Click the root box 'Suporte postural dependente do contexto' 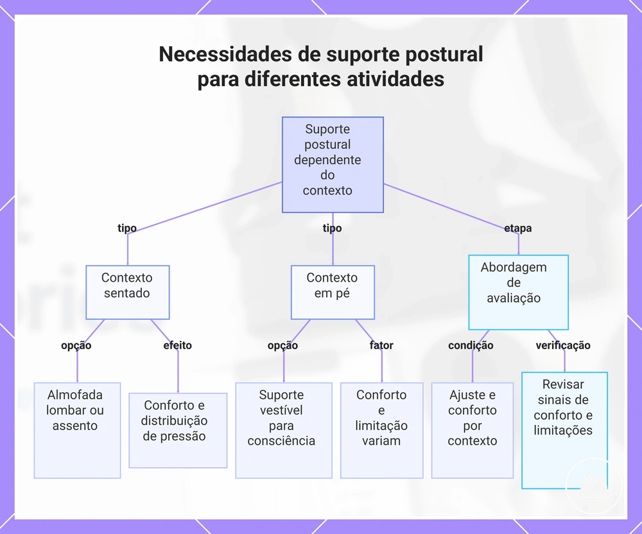click(x=333, y=164)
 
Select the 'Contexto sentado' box click(x=127, y=292)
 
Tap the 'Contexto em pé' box click(x=333, y=292)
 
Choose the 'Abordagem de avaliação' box click(x=518, y=292)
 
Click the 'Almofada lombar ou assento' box click(x=77, y=430)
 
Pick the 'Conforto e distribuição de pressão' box click(x=178, y=430)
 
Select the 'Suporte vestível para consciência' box click(x=283, y=430)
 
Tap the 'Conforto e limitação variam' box click(x=381, y=430)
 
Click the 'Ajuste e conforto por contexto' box click(x=472, y=430)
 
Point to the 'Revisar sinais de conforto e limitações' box click(x=564, y=430)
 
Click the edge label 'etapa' click(x=518, y=228)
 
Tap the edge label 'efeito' click(x=177, y=345)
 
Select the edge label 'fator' click(x=381, y=345)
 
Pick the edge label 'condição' click(x=471, y=345)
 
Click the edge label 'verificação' click(x=563, y=345)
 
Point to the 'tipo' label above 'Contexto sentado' click(x=127, y=228)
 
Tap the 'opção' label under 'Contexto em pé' click(x=282, y=345)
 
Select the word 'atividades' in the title click(x=395, y=78)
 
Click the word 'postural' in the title click(x=444, y=55)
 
